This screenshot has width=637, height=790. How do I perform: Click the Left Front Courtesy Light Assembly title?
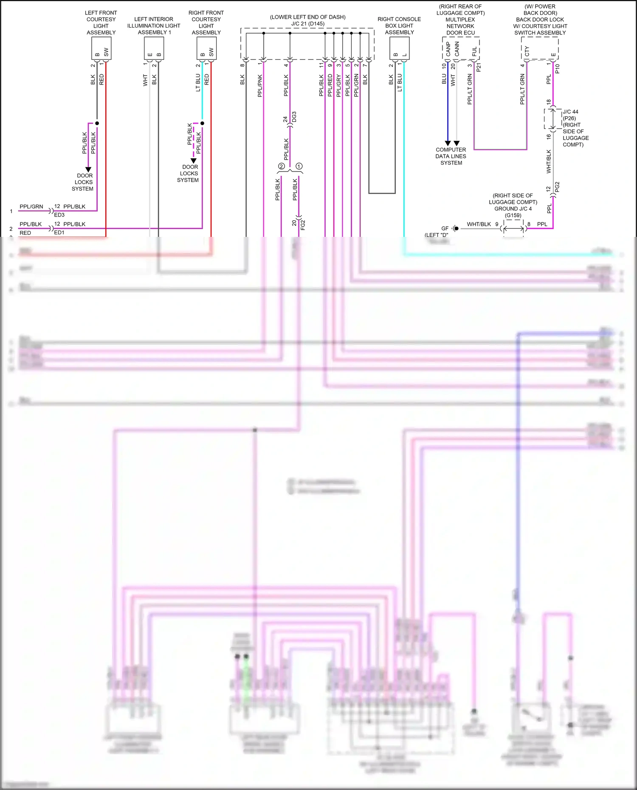click(101, 22)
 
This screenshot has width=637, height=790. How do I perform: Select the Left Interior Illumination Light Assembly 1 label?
click(154, 26)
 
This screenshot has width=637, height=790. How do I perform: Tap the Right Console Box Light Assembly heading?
click(399, 25)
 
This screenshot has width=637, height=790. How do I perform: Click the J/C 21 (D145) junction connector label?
click(308, 24)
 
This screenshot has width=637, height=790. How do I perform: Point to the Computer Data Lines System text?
click(451, 156)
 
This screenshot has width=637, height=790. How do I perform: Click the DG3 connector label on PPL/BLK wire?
click(294, 118)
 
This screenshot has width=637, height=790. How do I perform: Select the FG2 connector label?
click(303, 225)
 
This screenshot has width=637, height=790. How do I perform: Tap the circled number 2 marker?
click(281, 166)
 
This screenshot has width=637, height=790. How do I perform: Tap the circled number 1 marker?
click(299, 166)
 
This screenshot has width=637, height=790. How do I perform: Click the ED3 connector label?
click(59, 215)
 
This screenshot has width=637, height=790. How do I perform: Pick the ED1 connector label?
click(59, 233)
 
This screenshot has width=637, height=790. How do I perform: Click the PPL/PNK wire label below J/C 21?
click(260, 86)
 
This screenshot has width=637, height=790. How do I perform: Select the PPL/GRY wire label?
click(338, 86)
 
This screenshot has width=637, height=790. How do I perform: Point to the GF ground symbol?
click(454, 228)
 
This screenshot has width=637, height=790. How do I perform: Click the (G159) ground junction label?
click(513, 215)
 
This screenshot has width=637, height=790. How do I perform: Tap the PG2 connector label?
click(557, 187)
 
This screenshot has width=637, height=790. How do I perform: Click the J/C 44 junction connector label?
click(570, 112)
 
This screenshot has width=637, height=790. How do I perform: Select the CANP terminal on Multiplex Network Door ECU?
click(448, 49)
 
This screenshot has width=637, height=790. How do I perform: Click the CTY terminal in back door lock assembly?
click(527, 51)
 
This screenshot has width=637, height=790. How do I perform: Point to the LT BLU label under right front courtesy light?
click(198, 83)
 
